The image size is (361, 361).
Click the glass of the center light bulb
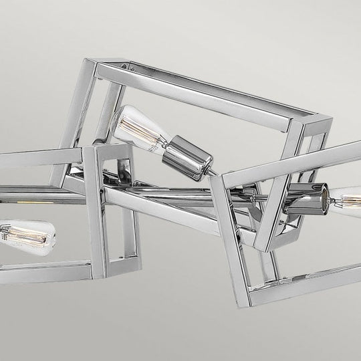[137, 126]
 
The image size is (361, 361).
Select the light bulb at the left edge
[23, 234]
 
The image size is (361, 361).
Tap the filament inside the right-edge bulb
[346, 199]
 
